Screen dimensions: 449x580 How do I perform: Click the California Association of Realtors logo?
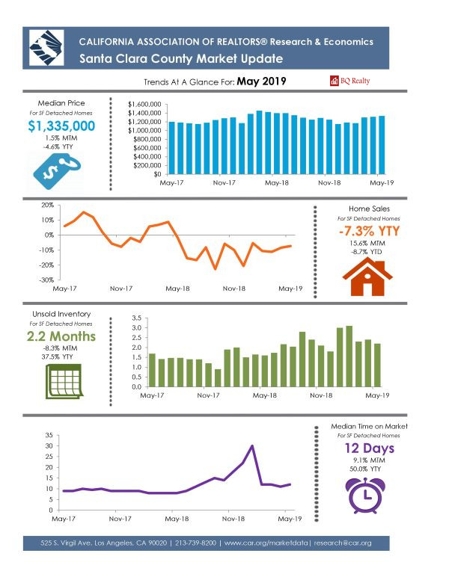point(46,48)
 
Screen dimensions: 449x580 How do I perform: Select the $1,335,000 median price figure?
point(61,126)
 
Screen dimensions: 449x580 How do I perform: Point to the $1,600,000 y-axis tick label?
point(144,105)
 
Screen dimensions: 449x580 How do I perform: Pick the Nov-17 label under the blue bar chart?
point(224,182)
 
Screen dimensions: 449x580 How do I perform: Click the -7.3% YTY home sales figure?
point(369,231)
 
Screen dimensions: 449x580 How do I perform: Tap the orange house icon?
point(367,277)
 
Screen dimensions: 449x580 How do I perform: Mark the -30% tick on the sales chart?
point(46,280)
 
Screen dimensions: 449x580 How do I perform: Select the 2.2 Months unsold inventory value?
point(61,336)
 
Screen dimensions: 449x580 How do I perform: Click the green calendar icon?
point(64,381)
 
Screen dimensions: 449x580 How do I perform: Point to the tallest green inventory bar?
point(349,357)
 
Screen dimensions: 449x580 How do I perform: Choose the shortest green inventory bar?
point(218,378)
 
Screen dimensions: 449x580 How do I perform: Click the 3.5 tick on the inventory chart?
point(137,318)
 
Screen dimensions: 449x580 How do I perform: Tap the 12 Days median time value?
point(370,448)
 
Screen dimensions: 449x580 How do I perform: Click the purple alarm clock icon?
point(365,496)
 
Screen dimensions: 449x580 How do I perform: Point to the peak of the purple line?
point(252,445)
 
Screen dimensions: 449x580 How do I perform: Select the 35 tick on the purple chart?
point(49,435)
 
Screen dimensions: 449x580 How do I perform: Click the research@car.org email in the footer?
point(343,543)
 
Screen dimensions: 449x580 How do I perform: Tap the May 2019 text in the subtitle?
point(262,81)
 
